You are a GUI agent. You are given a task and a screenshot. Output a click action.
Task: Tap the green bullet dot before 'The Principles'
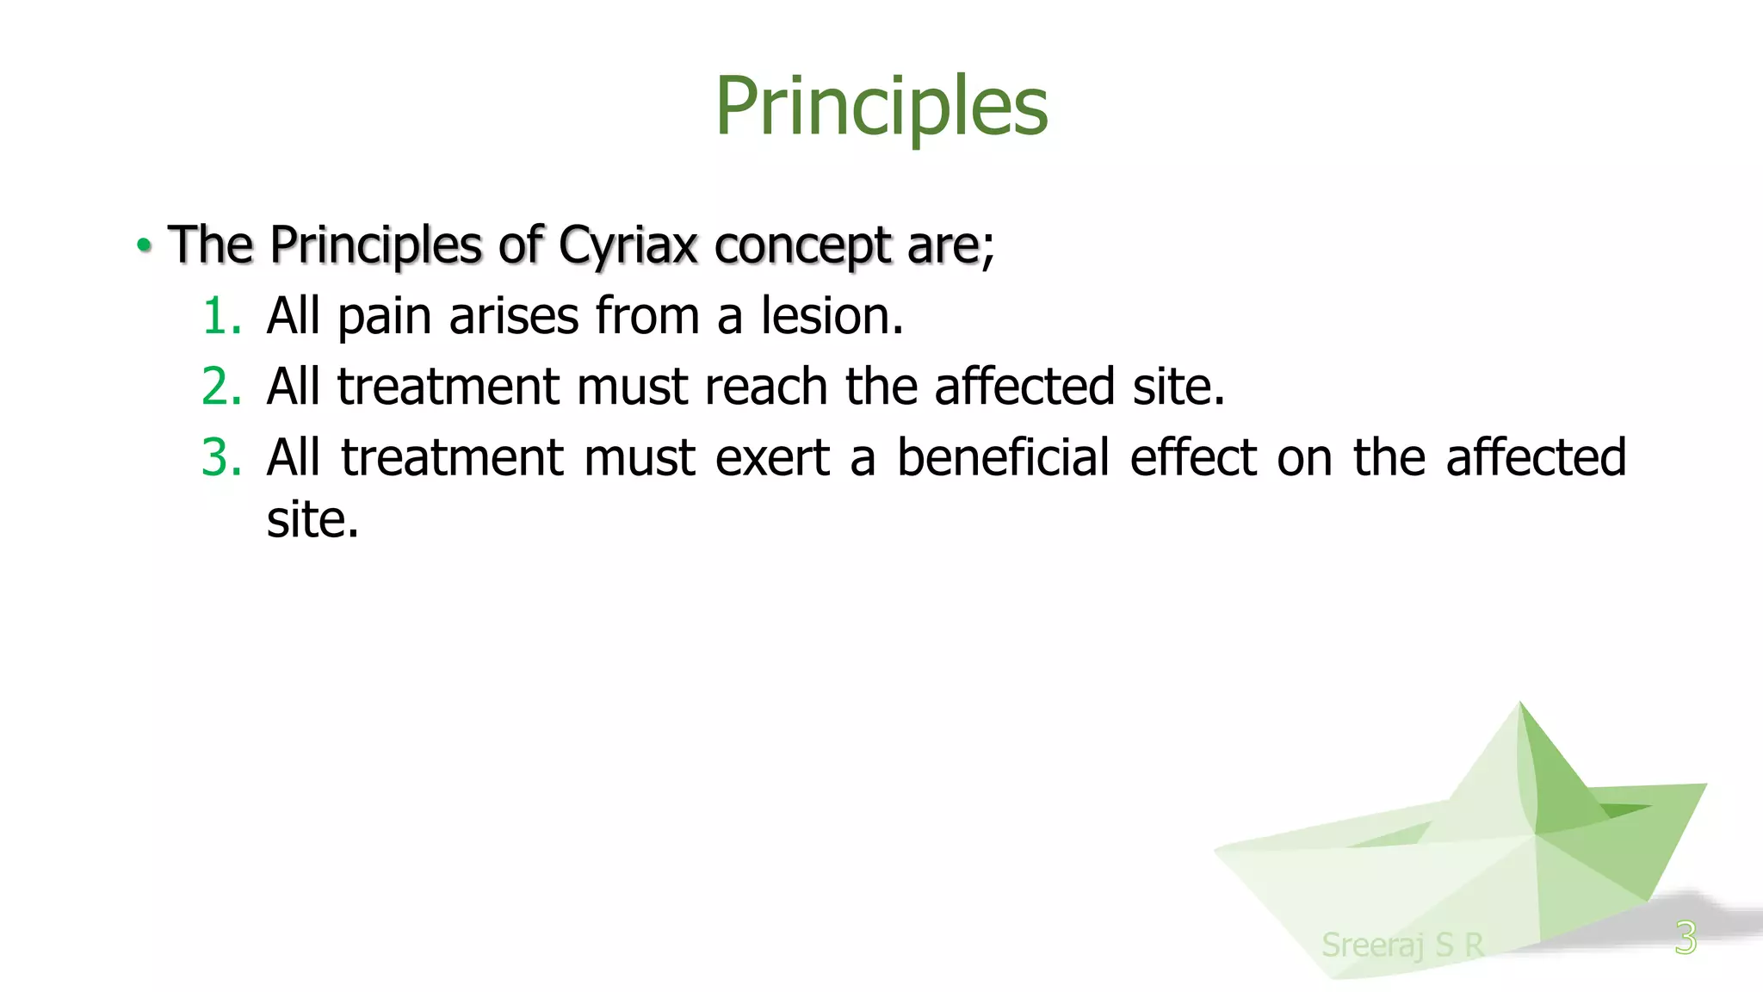(x=144, y=245)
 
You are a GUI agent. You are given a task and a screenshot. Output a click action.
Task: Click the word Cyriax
(x=628, y=245)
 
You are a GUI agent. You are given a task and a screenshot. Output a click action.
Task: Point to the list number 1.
(x=220, y=316)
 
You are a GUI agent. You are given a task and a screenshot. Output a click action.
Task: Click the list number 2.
(x=220, y=387)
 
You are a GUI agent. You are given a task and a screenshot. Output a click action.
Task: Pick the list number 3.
(x=220, y=457)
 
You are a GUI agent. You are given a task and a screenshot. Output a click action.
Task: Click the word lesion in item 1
(x=832, y=316)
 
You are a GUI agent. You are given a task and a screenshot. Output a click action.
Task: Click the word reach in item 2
(x=766, y=387)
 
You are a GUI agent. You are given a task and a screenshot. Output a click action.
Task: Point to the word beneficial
(x=1003, y=457)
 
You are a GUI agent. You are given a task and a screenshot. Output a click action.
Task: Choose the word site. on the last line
(x=312, y=520)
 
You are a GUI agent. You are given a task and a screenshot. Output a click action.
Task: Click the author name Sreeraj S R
(x=1402, y=945)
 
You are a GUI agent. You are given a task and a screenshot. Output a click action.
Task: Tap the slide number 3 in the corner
(x=1686, y=938)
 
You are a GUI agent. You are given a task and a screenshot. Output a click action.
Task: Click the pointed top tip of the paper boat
(x=1520, y=705)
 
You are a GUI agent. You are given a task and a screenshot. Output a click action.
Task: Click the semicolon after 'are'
(x=989, y=251)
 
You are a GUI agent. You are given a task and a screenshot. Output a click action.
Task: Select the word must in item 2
(x=632, y=387)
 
